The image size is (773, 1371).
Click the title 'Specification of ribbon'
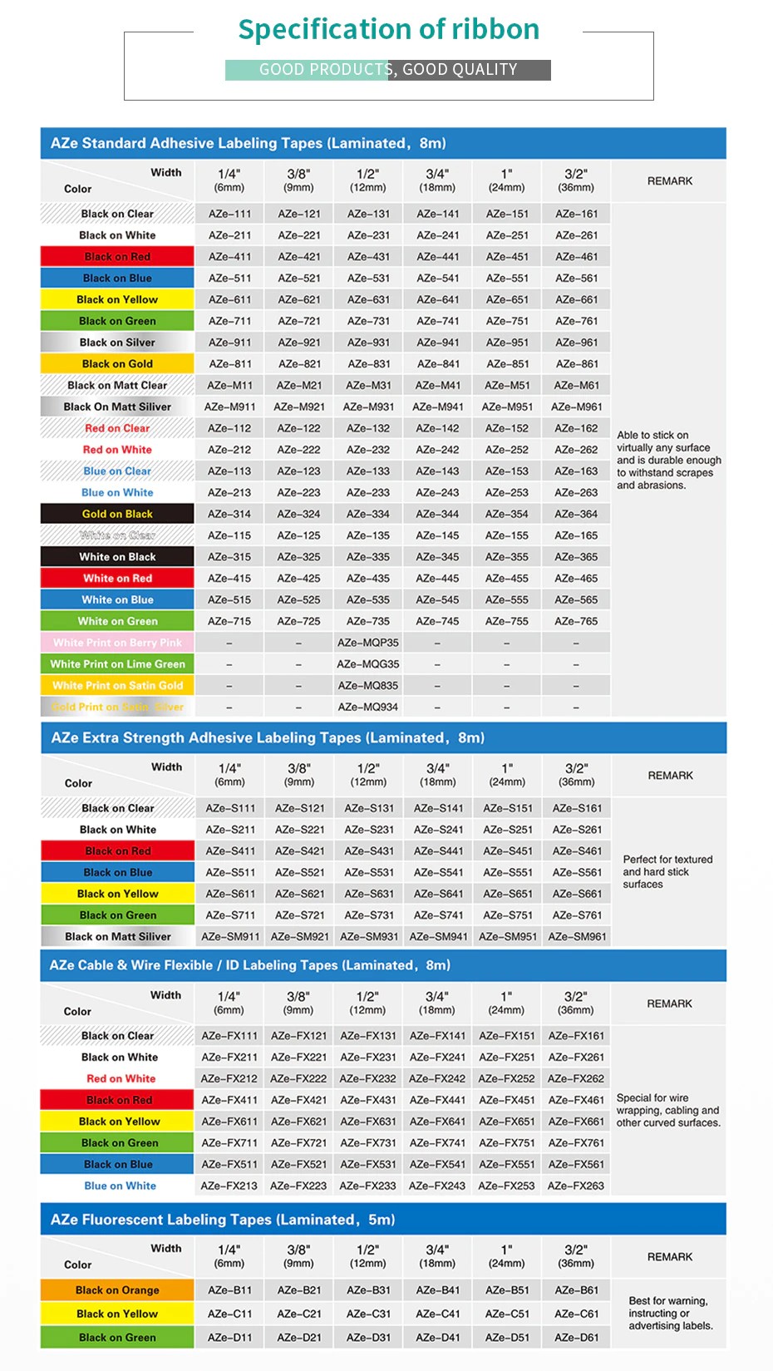click(388, 30)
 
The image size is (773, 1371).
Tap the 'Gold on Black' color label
click(117, 514)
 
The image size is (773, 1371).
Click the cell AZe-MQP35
click(368, 643)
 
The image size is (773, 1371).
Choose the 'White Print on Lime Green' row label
click(117, 664)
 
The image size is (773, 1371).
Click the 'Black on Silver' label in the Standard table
click(117, 343)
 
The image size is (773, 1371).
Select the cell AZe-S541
click(438, 872)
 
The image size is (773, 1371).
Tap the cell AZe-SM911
click(230, 936)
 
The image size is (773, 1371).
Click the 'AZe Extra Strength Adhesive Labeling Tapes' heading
click(268, 737)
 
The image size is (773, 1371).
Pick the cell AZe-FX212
click(229, 1078)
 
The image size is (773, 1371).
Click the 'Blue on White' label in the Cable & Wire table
click(120, 1186)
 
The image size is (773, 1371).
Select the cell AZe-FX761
click(576, 1142)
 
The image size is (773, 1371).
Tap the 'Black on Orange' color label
click(117, 1290)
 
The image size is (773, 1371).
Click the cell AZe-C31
click(368, 1314)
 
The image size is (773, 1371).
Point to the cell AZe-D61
click(576, 1337)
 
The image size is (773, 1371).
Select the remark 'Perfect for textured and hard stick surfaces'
click(667, 871)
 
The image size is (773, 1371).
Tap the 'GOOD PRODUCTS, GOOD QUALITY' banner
click(388, 70)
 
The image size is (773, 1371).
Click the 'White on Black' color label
click(117, 557)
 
